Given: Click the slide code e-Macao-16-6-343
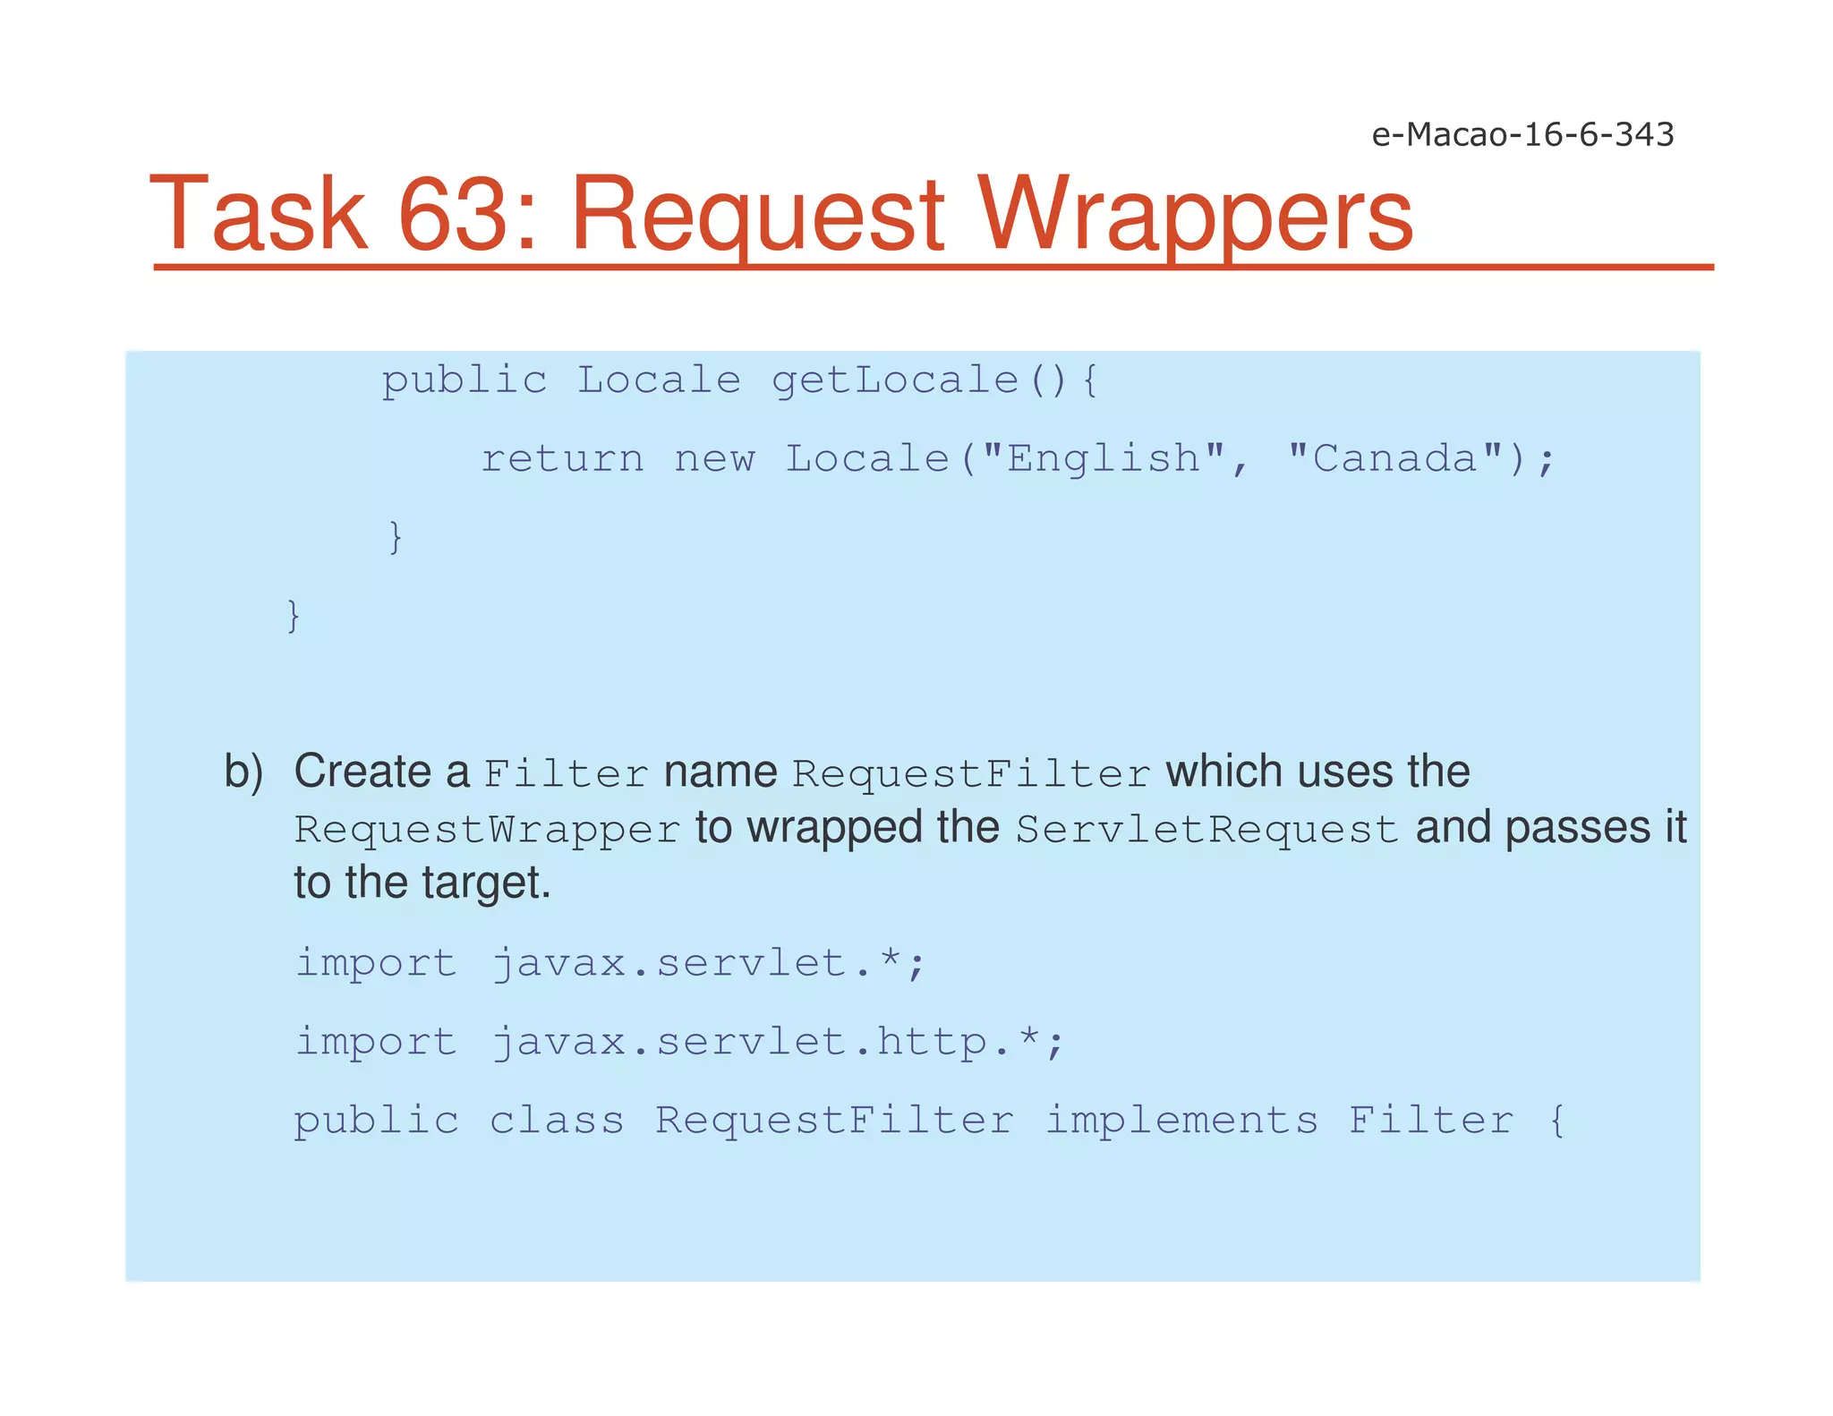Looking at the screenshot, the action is pyautogui.click(x=1522, y=134).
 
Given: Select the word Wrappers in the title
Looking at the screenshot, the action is pyautogui.click(x=1195, y=215).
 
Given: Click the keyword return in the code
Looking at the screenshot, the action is pyautogui.click(x=562, y=459).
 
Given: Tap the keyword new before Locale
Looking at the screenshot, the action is pyautogui.click(x=714, y=459).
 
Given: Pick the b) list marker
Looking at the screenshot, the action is pyautogui.click(x=243, y=772).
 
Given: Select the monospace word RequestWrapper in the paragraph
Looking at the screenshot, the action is pyautogui.click(x=488, y=830).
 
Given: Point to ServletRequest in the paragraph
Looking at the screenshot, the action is pyautogui.click(x=1206, y=830).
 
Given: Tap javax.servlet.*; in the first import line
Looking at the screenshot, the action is pyautogui.click(x=708, y=964).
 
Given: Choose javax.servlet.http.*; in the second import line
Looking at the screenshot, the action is pyautogui.click(x=778, y=1043).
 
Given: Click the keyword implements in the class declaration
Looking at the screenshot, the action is pyautogui.click(x=1181, y=1121).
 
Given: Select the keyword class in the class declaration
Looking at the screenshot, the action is pyautogui.click(x=557, y=1121).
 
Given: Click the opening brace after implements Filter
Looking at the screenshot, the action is pyautogui.click(x=1557, y=1121).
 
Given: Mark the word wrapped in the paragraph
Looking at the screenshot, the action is pyautogui.click(x=834, y=827).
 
